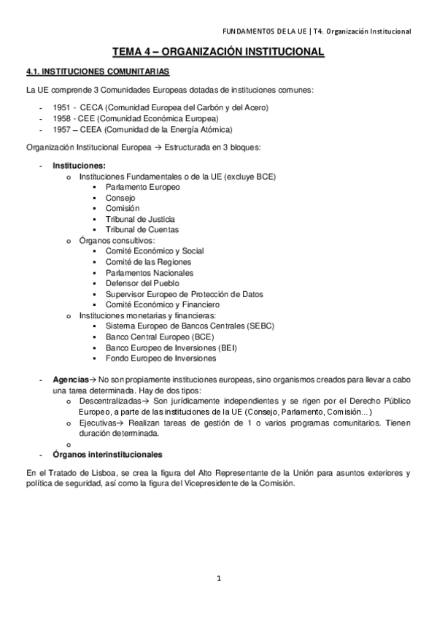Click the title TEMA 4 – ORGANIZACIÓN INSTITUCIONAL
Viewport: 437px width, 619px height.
click(x=218, y=53)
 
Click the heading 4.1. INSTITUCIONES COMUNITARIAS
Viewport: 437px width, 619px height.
click(x=98, y=72)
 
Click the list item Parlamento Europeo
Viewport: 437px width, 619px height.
click(x=143, y=187)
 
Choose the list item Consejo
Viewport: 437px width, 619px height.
click(x=120, y=198)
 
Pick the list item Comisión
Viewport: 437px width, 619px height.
click(x=122, y=208)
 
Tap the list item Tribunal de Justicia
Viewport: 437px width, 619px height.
click(x=140, y=219)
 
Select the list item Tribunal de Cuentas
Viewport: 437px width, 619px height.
click(x=142, y=229)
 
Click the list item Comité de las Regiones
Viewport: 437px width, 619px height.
click(x=148, y=261)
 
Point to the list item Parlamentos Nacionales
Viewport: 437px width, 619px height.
click(x=147, y=272)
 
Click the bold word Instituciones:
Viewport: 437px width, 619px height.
click(x=79, y=166)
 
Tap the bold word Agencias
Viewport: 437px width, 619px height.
click(x=69, y=380)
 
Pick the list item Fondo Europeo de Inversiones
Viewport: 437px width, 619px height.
click(x=161, y=358)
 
